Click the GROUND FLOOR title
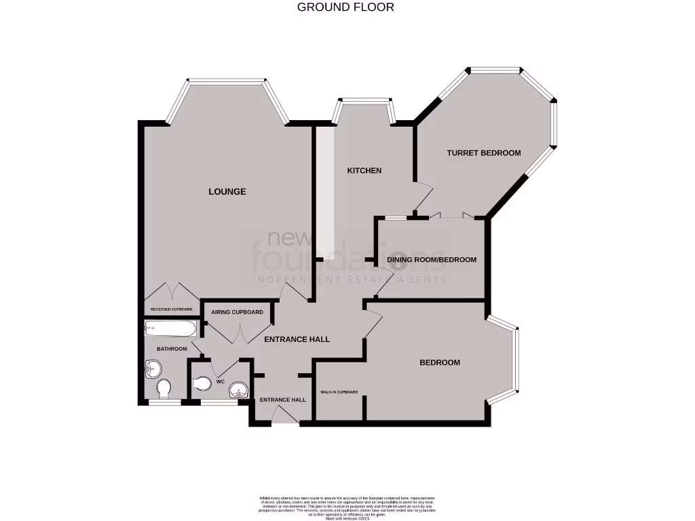(x=345, y=7)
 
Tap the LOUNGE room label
(x=227, y=192)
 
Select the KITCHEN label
(x=364, y=171)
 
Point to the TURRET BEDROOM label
(x=483, y=153)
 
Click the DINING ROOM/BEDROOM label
(x=432, y=260)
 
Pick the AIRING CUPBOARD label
(x=237, y=312)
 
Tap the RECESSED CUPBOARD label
(x=171, y=309)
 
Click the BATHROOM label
(x=172, y=349)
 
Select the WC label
(x=220, y=382)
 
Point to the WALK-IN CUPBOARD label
(x=339, y=393)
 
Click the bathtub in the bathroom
(x=170, y=329)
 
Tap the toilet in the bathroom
(x=164, y=389)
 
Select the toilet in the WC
(x=202, y=385)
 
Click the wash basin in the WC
(x=238, y=389)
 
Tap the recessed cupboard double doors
(x=171, y=292)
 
